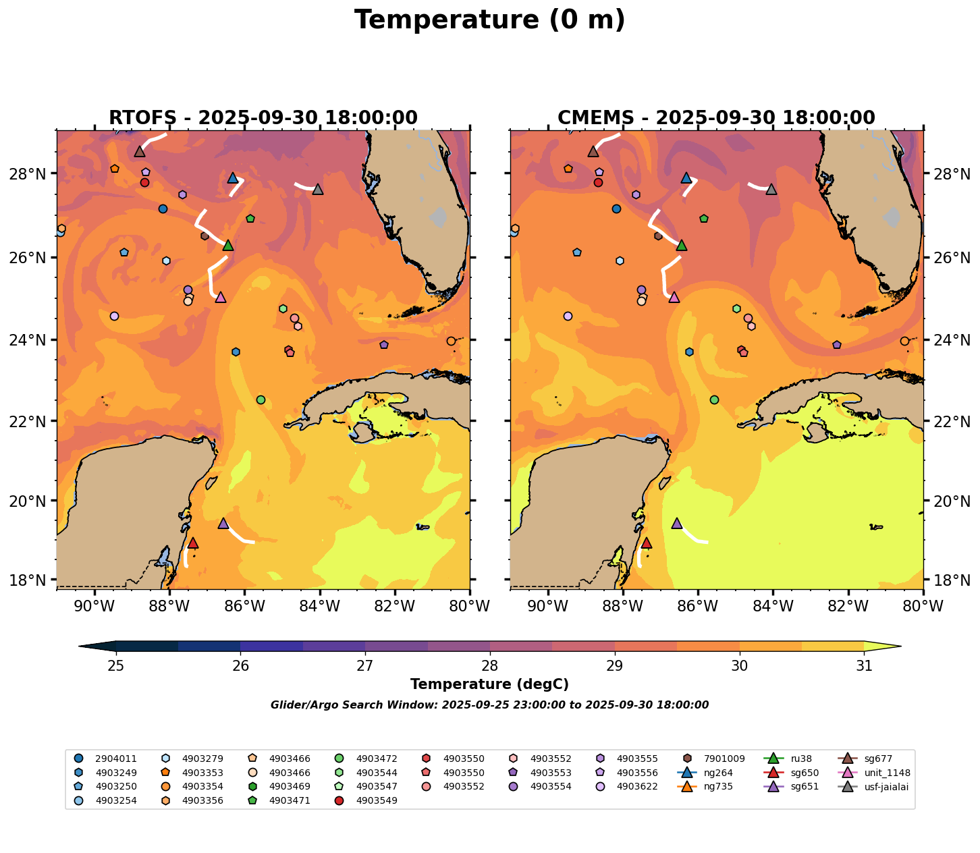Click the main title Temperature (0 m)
489,20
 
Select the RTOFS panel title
263,118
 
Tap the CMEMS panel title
716,118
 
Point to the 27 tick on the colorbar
365,665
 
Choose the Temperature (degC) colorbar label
489,684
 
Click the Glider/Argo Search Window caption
489,705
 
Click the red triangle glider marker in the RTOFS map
192,543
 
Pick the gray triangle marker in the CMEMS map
771,189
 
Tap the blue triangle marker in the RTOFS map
233,177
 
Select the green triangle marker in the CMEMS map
681,245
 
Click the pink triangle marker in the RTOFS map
220,297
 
